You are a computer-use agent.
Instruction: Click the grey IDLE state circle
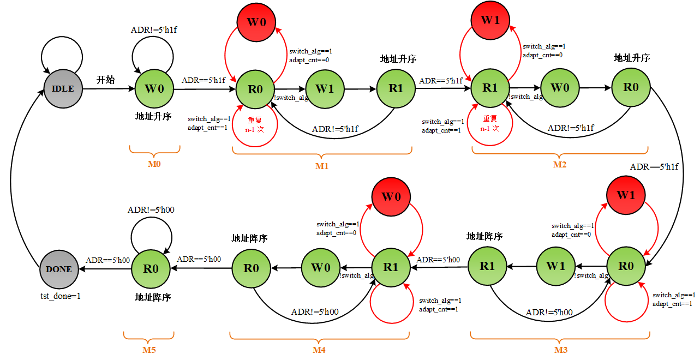pos(63,88)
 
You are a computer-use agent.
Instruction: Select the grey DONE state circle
pos(59,269)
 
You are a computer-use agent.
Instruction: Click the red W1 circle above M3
pos(626,195)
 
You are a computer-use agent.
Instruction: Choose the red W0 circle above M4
pos(391,197)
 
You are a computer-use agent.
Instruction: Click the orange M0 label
pos(154,163)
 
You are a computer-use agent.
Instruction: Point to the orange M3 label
pos(560,350)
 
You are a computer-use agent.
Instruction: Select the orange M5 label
pos(148,350)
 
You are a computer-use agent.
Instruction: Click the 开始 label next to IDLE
pos(106,80)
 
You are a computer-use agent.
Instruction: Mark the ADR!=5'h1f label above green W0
pos(154,30)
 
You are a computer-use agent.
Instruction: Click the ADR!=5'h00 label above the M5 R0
pos(151,210)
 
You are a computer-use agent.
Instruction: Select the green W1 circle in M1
pos(325,88)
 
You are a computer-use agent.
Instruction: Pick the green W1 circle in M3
pos(555,266)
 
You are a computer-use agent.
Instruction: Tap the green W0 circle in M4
pos(321,268)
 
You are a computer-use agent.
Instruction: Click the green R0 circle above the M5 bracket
pos(151,269)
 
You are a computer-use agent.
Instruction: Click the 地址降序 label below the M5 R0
pos(153,297)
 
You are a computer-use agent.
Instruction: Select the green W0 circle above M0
pos(154,88)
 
